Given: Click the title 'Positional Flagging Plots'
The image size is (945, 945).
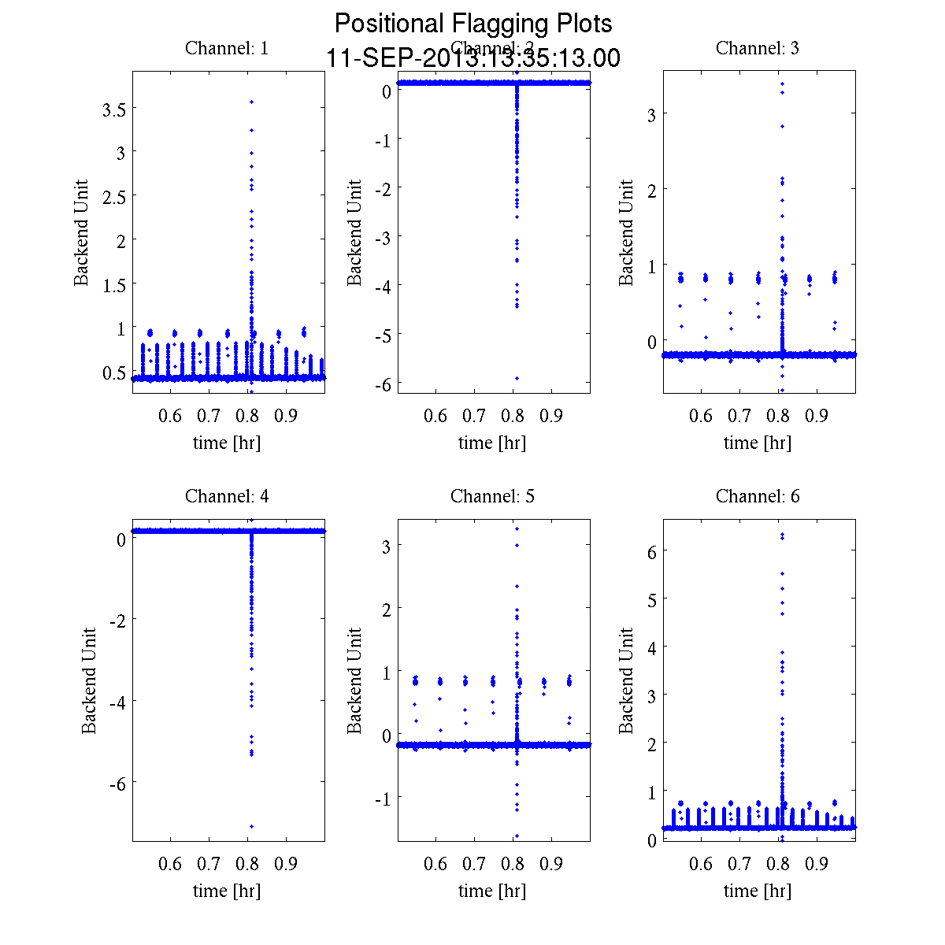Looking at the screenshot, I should click(472, 24).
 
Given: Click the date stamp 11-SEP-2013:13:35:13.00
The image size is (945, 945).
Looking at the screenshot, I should click(472, 58).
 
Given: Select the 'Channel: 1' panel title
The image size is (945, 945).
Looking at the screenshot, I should click(227, 48).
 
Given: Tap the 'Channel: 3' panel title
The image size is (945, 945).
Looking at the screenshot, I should click(758, 48).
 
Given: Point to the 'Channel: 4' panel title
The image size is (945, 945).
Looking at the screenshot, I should click(227, 496).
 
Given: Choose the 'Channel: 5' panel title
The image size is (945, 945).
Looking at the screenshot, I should click(492, 496).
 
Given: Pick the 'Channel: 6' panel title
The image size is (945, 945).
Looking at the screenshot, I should click(758, 496).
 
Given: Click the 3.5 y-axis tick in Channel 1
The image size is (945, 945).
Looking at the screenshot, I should click(114, 109).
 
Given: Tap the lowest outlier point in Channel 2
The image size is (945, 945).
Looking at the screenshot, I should click(517, 378).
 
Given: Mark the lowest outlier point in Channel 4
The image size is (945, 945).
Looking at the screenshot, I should click(251, 826).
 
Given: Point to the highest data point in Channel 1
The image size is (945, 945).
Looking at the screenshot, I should click(251, 102).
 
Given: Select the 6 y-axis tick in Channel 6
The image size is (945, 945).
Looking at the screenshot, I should click(650, 551).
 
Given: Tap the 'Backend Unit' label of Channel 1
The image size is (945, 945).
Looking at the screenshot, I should click(81, 233).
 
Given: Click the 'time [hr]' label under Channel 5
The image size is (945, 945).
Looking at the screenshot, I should click(492, 891).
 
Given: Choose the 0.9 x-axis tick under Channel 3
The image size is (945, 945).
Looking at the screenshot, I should click(817, 416).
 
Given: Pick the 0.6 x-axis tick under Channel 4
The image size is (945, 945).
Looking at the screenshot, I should click(170, 864).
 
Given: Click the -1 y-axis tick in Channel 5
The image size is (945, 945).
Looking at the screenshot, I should click(381, 798).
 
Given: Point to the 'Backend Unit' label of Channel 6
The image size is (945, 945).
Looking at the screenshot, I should click(626, 681).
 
